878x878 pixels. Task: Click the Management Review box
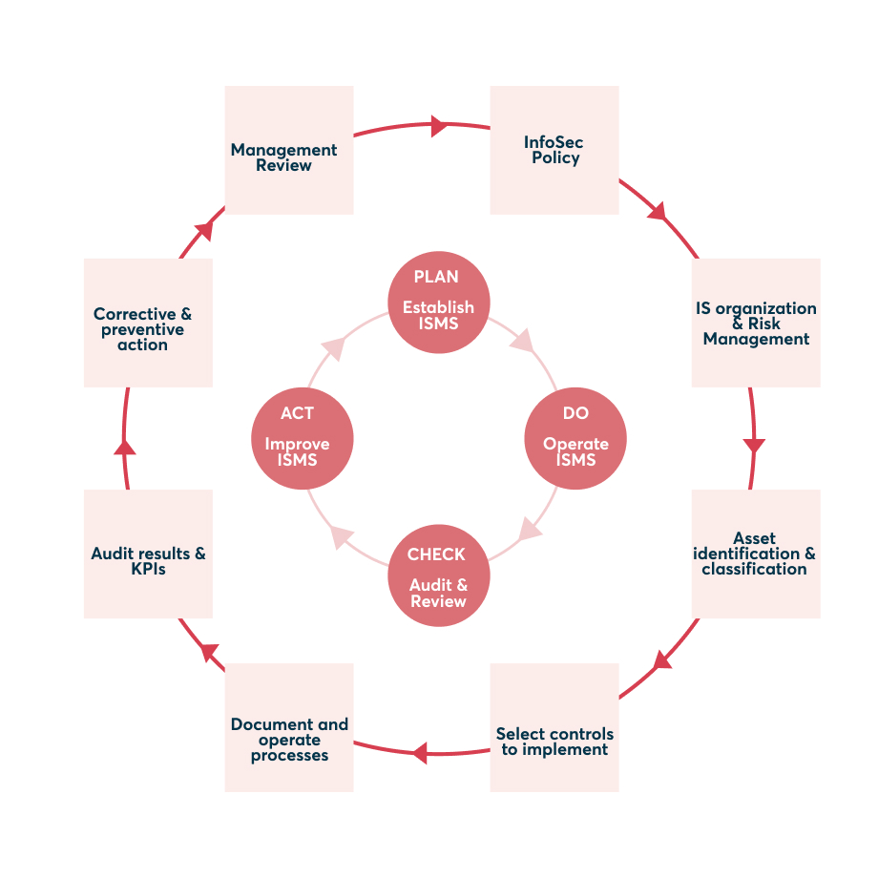tap(289, 151)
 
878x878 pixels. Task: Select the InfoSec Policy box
tap(554, 151)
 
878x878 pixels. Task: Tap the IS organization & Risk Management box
tap(756, 323)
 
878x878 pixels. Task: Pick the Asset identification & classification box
tap(756, 554)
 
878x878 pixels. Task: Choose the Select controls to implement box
tap(554, 727)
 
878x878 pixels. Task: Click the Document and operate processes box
tap(289, 727)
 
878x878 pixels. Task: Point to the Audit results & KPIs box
tap(148, 554)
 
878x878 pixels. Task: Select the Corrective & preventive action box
tap(148, 323)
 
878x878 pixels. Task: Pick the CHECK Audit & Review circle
tap(438, 577)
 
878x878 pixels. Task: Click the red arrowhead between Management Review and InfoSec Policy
tap(439, 125)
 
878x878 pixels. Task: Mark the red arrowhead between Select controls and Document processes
tap(420, 753)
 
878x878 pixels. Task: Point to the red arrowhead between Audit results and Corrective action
tap(125, 446)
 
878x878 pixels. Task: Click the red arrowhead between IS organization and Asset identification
tap(754, 446)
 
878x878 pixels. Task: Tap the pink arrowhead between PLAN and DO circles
tap(522, 342)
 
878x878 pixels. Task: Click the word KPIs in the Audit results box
tap(148, 569)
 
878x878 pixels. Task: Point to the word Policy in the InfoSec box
tap(555, 158)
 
